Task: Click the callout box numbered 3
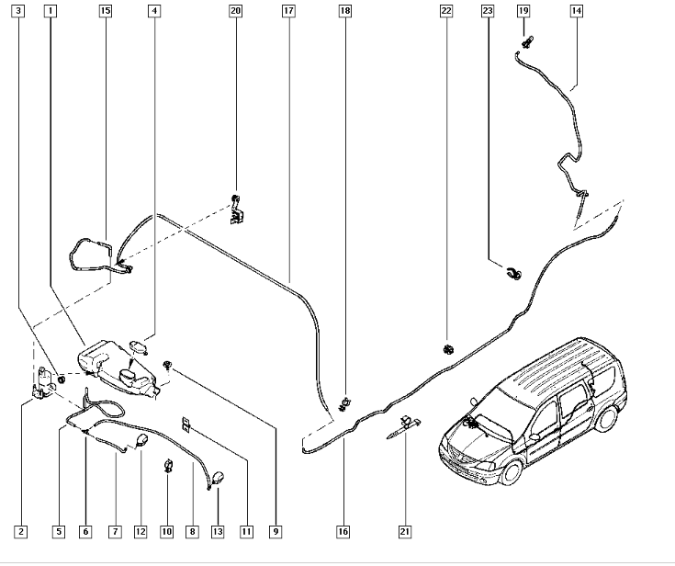20,11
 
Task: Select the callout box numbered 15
105,11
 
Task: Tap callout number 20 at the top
236,11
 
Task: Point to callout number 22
446,11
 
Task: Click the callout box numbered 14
576,11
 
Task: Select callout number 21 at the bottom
405,531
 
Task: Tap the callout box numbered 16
343,531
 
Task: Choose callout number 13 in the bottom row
218,531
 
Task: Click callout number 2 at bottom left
20,531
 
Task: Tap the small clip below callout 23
514,272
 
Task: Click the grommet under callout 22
448,349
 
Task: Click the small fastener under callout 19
527,40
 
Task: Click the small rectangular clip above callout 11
186,424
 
